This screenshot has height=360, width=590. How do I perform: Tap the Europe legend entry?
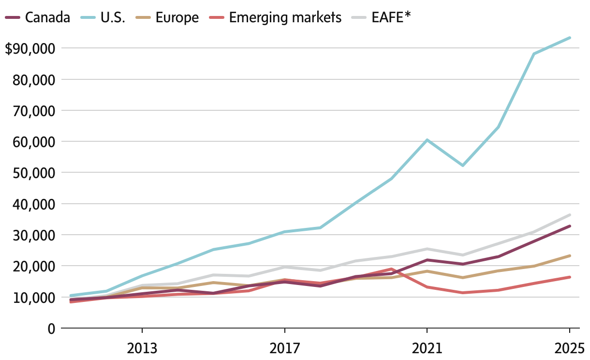(x=177, y=17)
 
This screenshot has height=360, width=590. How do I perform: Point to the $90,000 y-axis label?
(x=30, y=48)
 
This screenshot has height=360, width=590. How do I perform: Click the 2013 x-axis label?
(x=142, y=348)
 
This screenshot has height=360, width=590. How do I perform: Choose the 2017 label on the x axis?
(x=284, y=348)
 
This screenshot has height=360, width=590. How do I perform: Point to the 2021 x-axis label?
(x=427, y=348)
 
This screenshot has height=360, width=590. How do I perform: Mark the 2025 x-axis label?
(x=569, y=348)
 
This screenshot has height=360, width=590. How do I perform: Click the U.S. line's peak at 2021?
(x=427, y=140)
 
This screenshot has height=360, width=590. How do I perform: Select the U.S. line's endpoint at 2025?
(x=570, y=38)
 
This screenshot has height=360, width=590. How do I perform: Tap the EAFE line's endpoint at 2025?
(x=570, y=215)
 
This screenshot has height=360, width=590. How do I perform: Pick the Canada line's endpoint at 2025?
(x=570, y=226)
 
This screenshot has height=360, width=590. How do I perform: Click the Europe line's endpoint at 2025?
(x=570, y=255)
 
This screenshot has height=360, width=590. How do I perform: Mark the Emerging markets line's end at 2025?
(x=570, y=277)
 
